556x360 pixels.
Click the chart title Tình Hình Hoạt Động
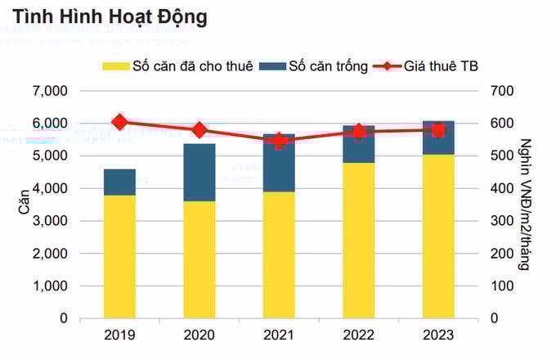(x=110, y=16)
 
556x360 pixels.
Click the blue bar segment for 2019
(x=119, y=182)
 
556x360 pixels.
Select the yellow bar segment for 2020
(x=199, y=259)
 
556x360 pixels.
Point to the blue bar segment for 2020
(x=199, y=172)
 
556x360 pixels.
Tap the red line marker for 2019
(x=119, y=123)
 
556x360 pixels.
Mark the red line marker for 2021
(x=279, y=141)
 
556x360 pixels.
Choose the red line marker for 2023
(x=438, y=130)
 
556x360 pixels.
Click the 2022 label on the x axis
(x=358, y=335)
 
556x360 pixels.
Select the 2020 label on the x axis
(x=199, y=335)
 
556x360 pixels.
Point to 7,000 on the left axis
(x=52, y=91)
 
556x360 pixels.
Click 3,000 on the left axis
(x=52, y=221)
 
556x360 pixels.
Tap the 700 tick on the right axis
(x=502, y=91)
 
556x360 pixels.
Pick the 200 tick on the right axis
(x=502, y=254)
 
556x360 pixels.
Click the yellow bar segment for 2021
(x=279, y=254)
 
